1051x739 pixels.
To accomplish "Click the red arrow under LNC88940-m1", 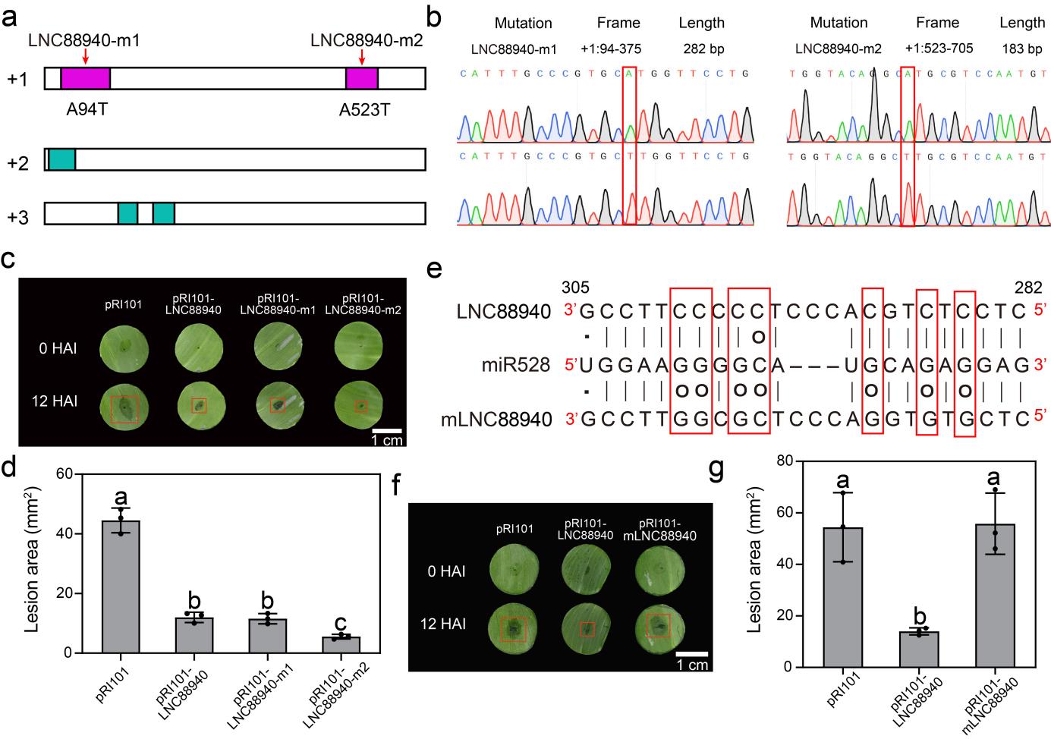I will click(86, 56).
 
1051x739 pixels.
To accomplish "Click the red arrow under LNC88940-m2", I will click(362, 56).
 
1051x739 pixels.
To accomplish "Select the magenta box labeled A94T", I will click(86, 79).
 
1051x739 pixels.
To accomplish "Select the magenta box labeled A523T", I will click(362, 79).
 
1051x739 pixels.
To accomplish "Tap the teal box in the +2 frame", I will click(62, 159).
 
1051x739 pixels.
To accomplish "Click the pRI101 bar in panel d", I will click(121, 586).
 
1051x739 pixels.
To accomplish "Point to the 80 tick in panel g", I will click(796, 461).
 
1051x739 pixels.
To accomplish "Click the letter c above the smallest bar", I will click(341, 624).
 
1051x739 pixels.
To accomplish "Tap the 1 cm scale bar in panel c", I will click(386, 431).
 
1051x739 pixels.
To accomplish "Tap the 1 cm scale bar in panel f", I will click(691, 653).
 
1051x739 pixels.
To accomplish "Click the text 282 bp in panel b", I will click(702, 49).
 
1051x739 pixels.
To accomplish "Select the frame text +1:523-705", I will click(939, 49).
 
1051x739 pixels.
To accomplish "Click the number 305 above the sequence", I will click(574, 288).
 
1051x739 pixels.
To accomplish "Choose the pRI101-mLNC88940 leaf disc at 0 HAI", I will click(659, 570).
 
